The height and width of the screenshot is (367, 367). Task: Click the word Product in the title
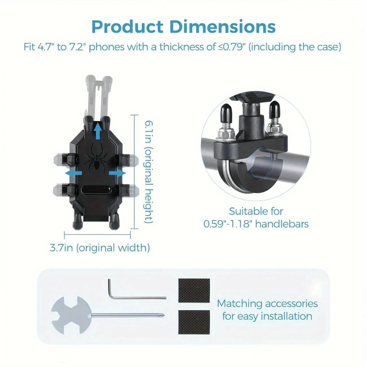[127, 27]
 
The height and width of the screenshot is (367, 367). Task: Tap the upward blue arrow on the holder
[98, 131]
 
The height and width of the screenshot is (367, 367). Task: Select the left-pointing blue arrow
[73, 173]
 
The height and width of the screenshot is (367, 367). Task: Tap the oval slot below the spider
[96, 190]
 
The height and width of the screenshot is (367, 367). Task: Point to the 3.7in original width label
[100, 248]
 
